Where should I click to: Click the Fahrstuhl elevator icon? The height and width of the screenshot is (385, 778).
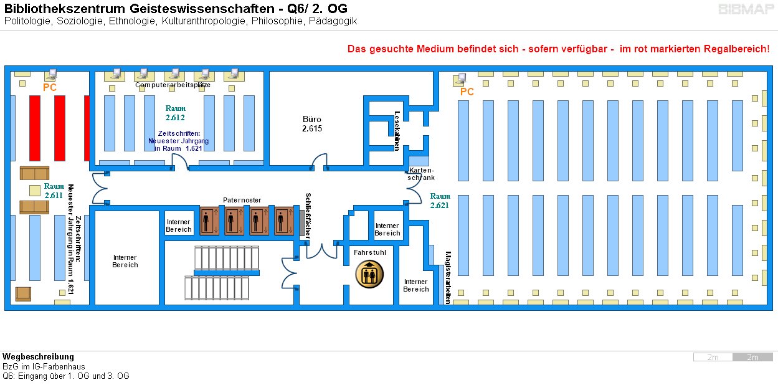pyautogui.click(x=369, y=274)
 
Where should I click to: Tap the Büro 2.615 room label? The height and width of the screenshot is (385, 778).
pyautogui.click(x=312, y=124)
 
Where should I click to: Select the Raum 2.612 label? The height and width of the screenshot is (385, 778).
pyautogui.click(x=175, y=113)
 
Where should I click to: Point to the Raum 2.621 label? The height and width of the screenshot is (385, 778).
pyautogui.click(x=440, y=201)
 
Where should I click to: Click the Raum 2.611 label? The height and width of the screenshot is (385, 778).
pyautogui.click(x=54, y=191)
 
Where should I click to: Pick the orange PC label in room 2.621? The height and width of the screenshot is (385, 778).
pyautogui.click(x=467, y=92)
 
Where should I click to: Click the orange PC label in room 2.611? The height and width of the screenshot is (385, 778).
pyautogui.click(x=50, y=88)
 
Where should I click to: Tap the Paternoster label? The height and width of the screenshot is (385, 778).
pyautogui.click(x=242, y=200)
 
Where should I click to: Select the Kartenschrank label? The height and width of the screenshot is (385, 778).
pyautogui.click(x=422, y=174)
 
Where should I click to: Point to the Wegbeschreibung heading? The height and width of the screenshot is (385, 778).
pyautogui.click(x=38, y=357)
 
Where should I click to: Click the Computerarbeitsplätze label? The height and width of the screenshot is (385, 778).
pyautogui.click(x=173, y=85)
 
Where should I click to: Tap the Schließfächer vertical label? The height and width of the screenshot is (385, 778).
pyautogui.click(x=308, y=216)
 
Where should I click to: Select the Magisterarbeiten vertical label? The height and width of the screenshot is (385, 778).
pyautogui.click(x=448, y=277)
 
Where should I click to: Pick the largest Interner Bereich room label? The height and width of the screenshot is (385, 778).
pyautogui.click(x=125, y=261)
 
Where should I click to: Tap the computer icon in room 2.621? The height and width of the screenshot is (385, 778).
pyautogui.click(x=461, y=78)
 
